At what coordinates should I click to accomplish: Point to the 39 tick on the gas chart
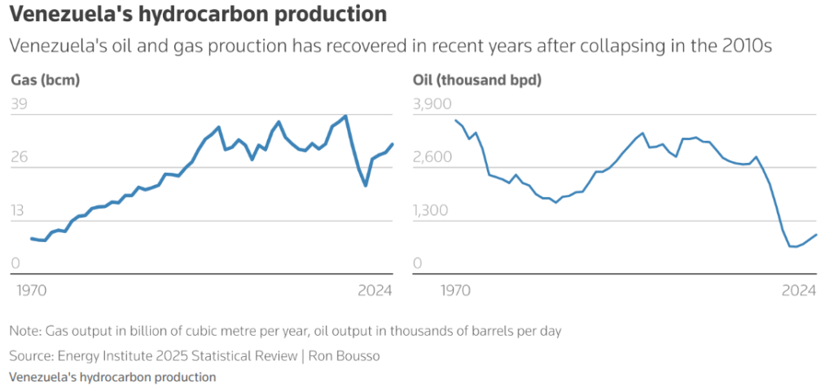[19, 104]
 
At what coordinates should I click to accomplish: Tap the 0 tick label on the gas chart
[15, 263]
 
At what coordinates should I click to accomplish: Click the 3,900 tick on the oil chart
[432, 104]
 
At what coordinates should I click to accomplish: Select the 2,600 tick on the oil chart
[433, 157]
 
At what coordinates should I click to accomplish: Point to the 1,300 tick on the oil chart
[432, 210]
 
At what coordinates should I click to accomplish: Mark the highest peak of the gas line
[346, 116]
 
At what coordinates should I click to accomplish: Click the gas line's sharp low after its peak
[366, 186]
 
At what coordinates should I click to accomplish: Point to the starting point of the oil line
[456, 121]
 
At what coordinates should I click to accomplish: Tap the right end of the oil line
[816, 235]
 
